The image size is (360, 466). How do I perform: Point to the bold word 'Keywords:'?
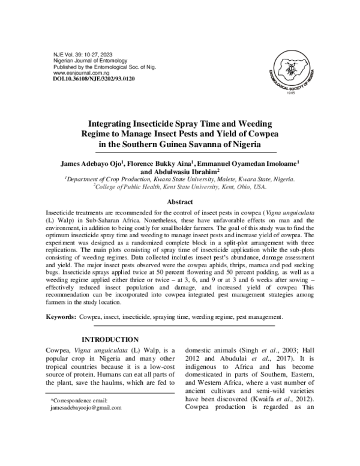64,316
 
